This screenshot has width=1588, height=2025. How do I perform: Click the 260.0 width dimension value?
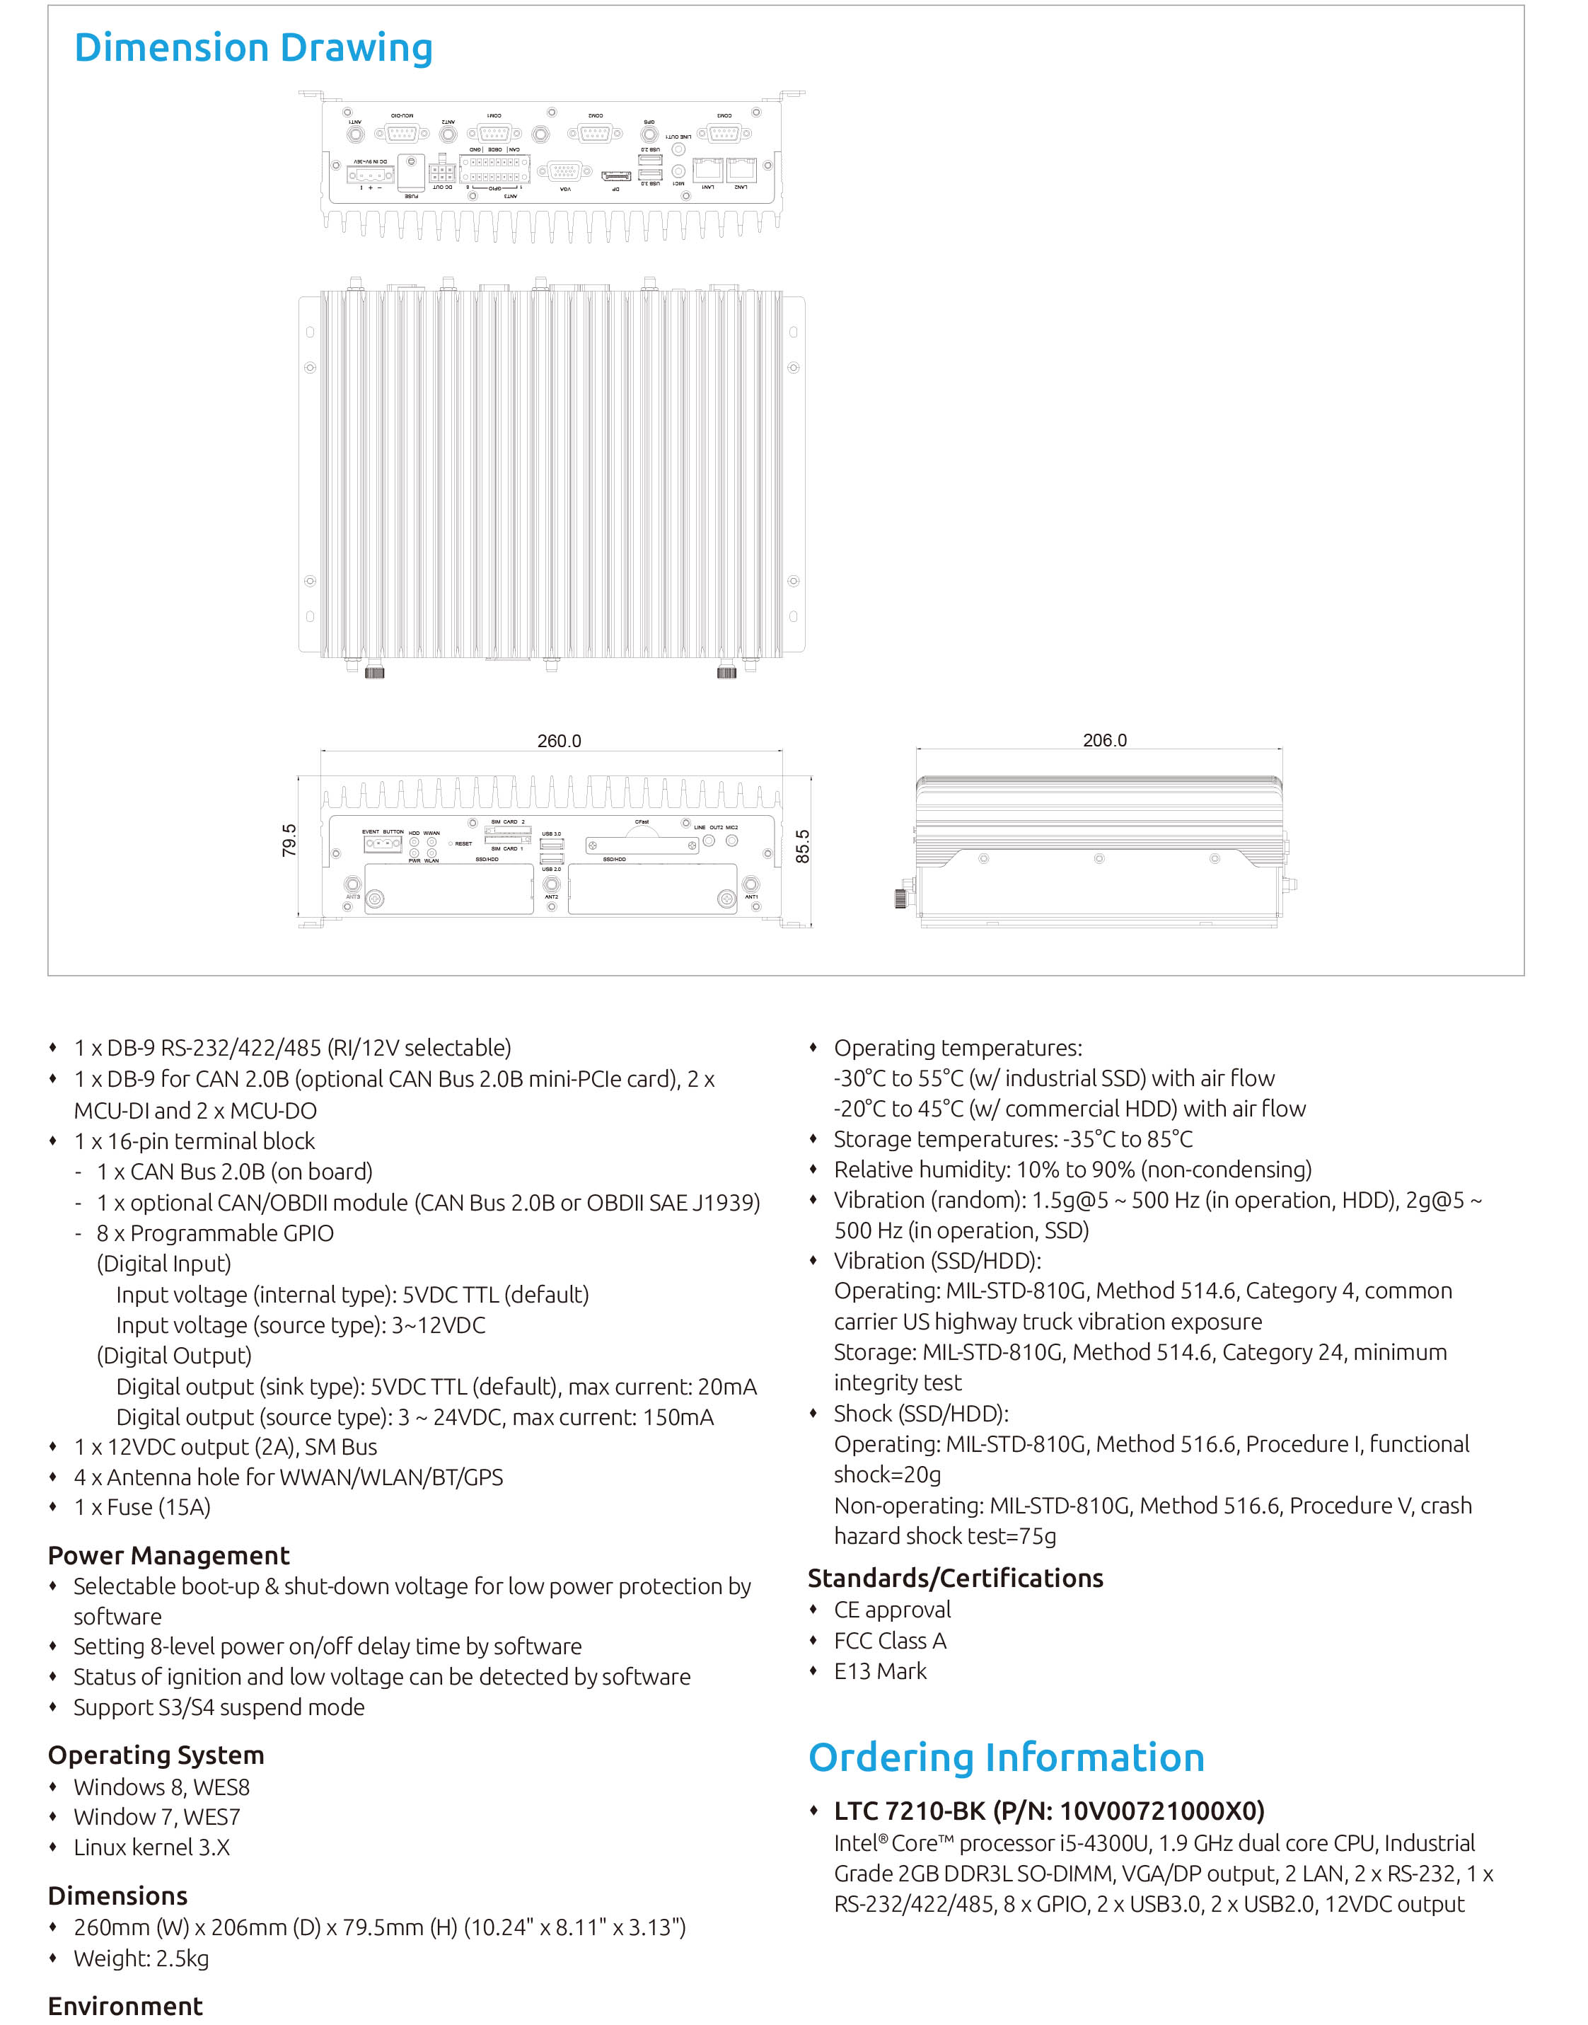559,741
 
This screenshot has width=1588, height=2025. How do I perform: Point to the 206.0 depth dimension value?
1105,740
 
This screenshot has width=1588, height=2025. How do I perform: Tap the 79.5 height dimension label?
289,840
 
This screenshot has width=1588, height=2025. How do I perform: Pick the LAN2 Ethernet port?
741,169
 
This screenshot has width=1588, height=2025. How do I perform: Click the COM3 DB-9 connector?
724,133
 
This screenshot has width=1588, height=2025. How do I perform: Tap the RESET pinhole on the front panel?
451,843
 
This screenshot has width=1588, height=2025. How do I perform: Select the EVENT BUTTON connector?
382,843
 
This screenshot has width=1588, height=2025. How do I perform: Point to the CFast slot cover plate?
642,845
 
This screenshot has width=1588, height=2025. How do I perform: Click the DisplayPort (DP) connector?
615,175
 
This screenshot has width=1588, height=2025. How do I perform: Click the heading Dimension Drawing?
253,48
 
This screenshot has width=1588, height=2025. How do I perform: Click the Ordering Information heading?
1006,1758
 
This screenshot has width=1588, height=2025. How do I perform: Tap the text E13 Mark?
879,1671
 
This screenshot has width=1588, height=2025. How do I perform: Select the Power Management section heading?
168,1555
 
